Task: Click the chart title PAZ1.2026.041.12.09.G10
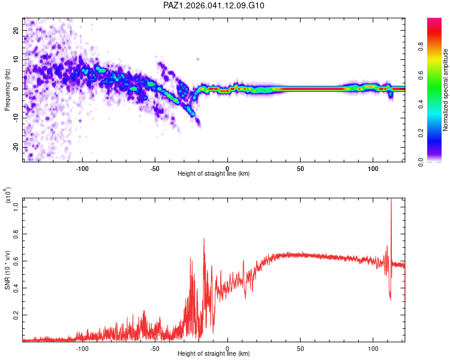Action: (x=214, y=5)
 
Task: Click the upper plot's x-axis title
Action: (x=214, y=173)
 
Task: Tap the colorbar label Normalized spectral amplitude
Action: (x=445, y=91)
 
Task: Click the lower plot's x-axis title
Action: (x=214, y=354)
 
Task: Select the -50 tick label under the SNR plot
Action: (x=155, y=347)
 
